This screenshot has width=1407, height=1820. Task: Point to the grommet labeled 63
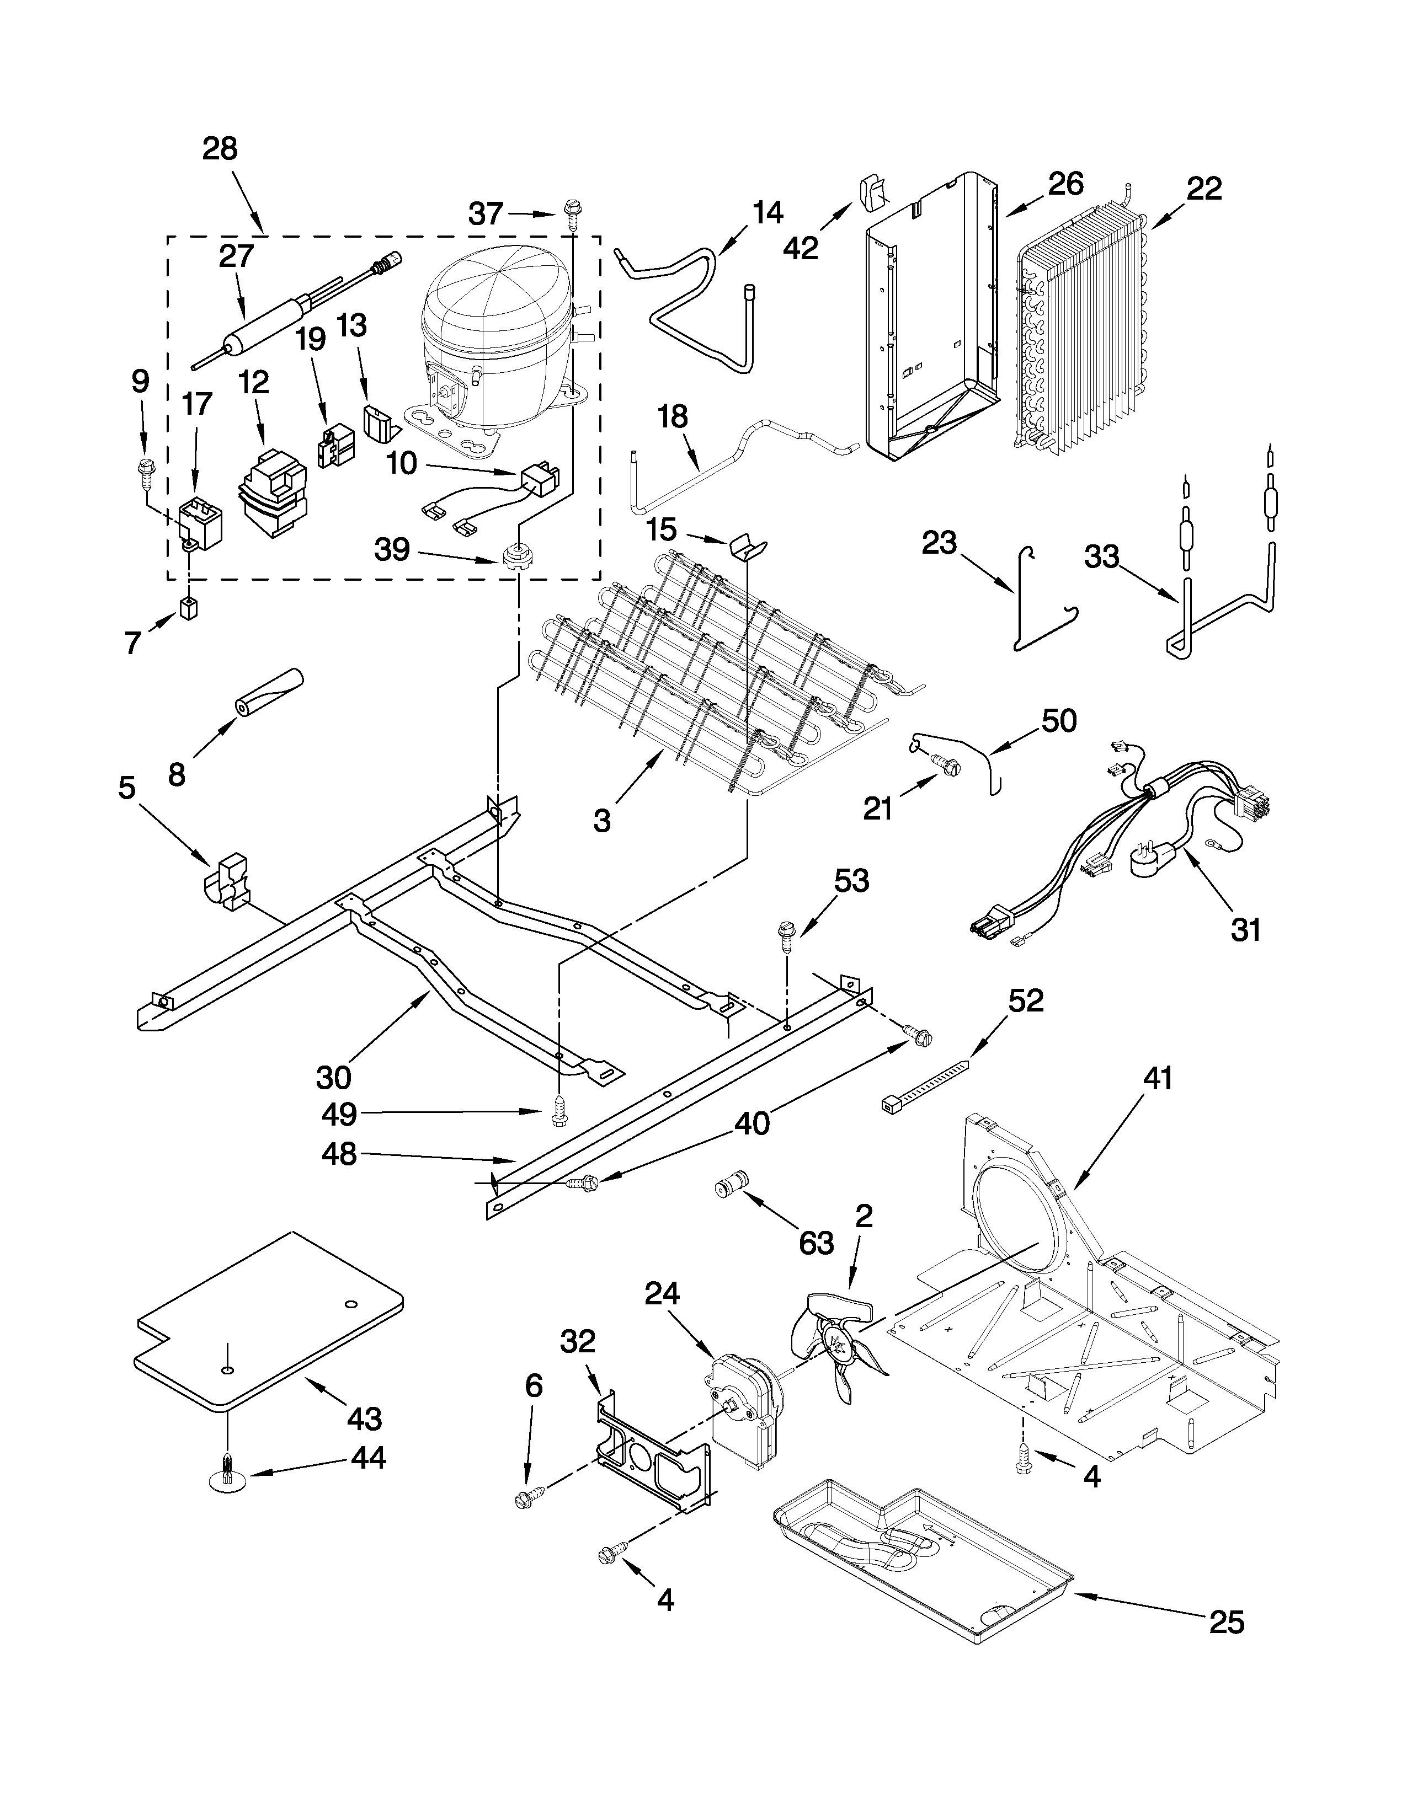pyautogui.click(x=732, y=1184)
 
